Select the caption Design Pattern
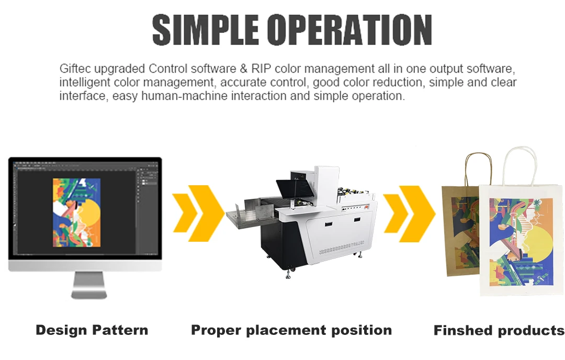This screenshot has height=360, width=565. (92, 330)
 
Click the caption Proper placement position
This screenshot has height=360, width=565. (291, 330)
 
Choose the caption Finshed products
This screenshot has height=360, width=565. (499, 331)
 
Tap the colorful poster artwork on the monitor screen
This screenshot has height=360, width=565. (77, 212)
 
